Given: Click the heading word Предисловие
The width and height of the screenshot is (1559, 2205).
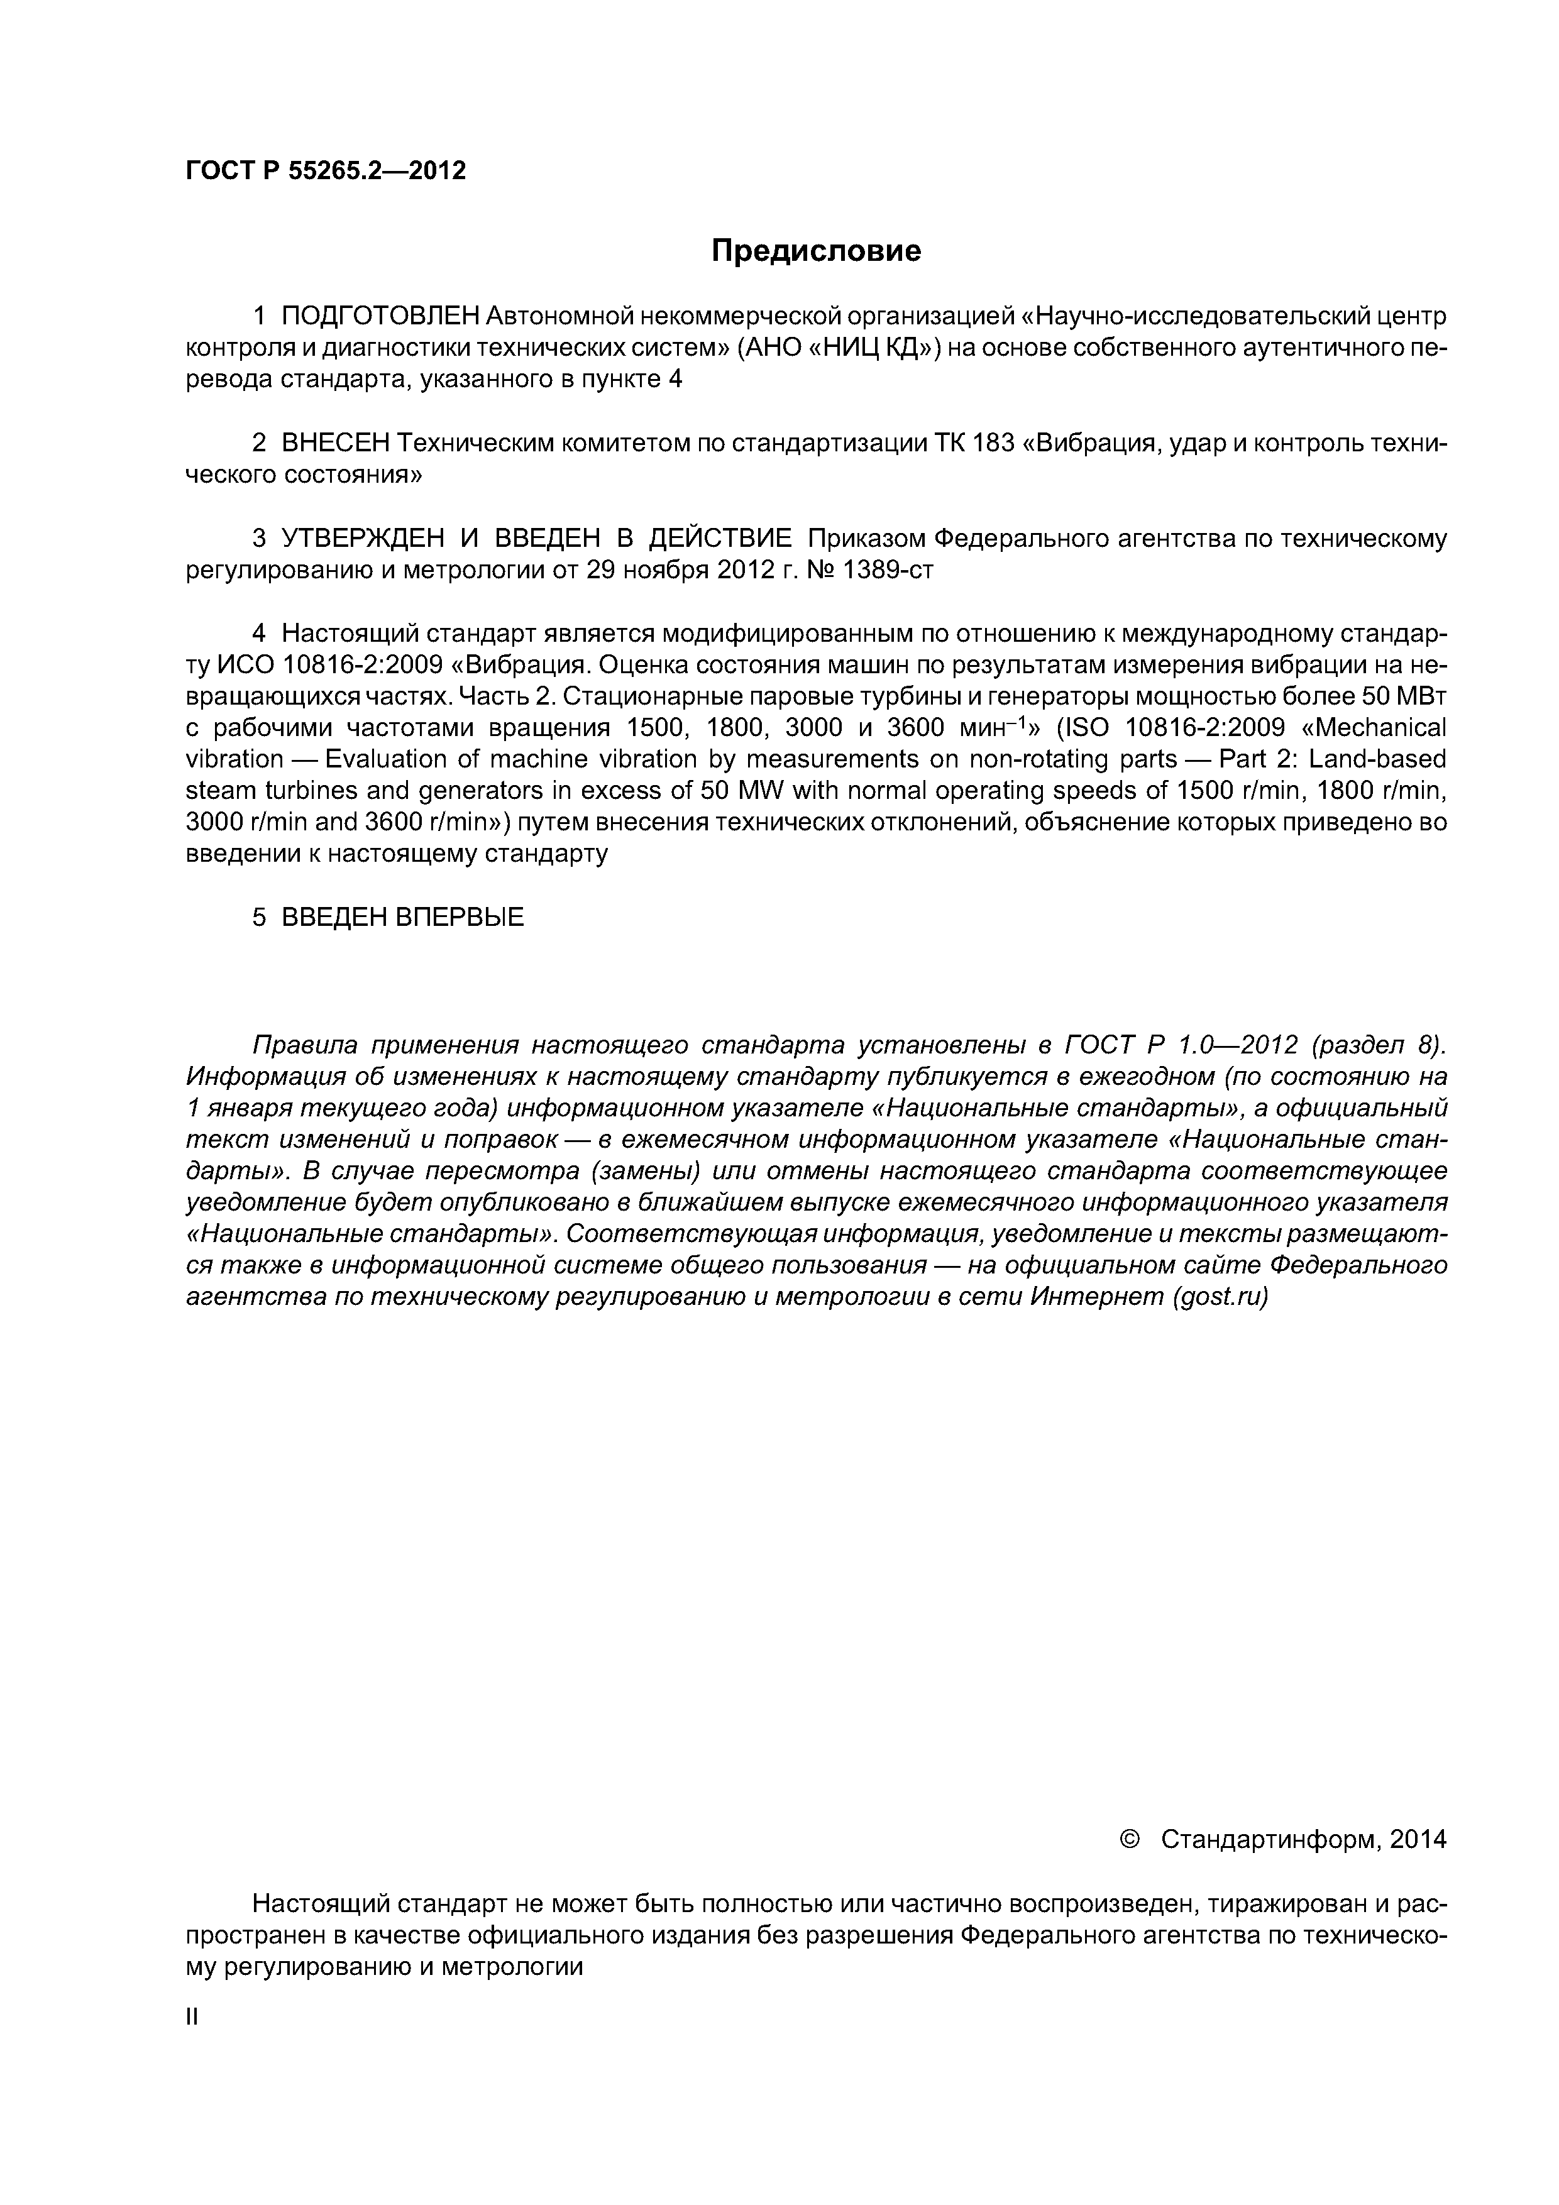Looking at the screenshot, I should pos(815,251).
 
